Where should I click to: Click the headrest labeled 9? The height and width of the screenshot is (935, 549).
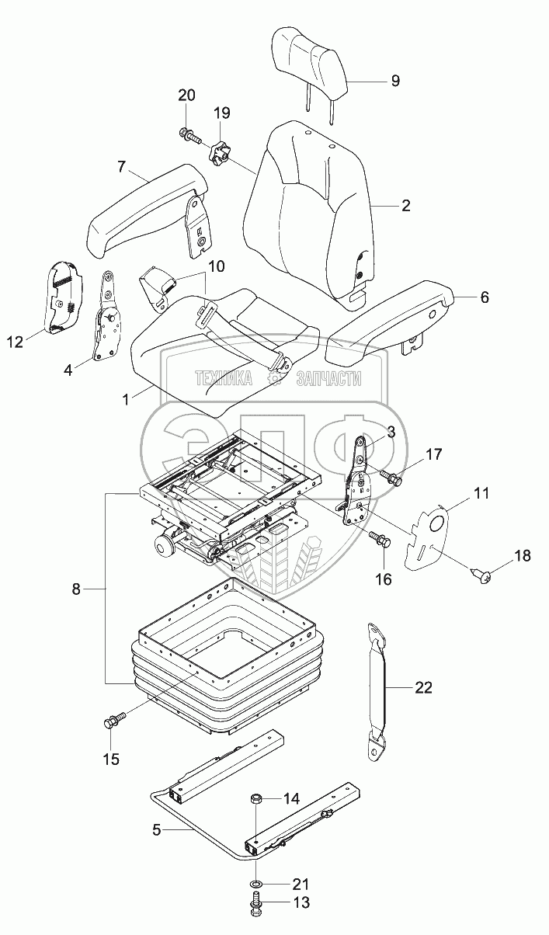[308, 58]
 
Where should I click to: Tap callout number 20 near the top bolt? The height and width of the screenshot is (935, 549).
[186, 96]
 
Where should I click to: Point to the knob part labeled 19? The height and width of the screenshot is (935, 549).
[218, 151]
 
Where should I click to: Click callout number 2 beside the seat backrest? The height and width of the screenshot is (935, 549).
[405, 206]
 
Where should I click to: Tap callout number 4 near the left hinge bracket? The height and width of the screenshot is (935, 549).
[68, 370]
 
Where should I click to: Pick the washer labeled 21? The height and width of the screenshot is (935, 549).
[255, 885]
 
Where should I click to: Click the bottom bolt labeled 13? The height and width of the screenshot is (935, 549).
[255, 905]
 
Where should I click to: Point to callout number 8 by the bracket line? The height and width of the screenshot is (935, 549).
[75, 590]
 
